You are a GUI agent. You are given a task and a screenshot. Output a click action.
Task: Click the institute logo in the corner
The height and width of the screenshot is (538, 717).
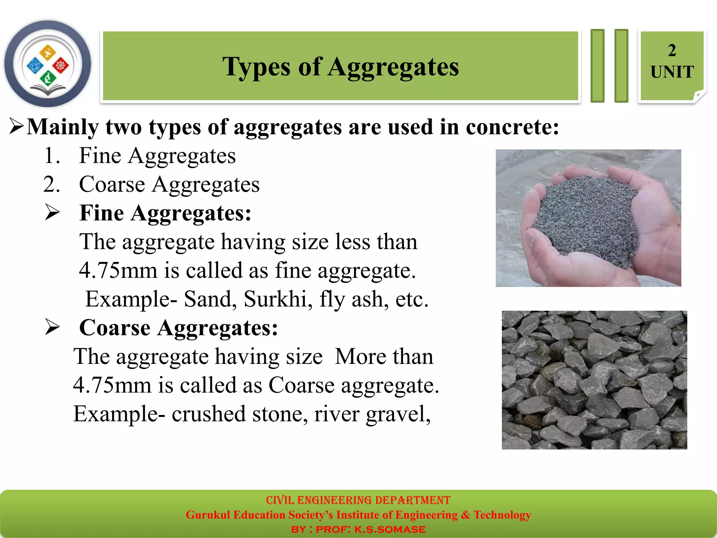pos(48,64)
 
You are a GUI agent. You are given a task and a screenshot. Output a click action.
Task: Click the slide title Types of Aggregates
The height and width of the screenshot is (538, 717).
pos(340,67)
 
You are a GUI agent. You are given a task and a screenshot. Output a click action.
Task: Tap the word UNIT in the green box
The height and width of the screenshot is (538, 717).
pos(672,72)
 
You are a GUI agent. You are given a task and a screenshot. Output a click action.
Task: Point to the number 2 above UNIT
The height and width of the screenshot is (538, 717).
pos(672,50)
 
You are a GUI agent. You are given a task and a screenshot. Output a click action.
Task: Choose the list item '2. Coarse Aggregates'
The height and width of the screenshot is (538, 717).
pos(151,184)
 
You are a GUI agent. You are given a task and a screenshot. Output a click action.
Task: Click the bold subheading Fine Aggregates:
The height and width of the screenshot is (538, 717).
pos(165,213)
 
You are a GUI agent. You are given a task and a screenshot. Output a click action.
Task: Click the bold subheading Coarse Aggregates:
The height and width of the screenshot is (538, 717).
pos(179,328)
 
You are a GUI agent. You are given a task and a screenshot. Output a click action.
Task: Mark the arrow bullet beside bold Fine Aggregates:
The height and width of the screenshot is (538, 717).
pos(53,213)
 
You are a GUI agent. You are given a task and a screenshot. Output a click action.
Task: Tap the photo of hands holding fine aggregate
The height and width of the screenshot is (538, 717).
pos(588,218)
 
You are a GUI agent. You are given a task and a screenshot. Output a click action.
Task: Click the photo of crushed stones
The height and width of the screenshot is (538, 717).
pos(594,380)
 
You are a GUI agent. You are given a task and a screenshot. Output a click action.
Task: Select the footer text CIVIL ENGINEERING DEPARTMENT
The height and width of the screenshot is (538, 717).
pos(358,500)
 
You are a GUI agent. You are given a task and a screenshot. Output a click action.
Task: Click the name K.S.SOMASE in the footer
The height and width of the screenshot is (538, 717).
pos(390,529)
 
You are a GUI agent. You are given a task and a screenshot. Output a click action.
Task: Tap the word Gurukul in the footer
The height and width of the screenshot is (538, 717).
pos(208,515)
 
